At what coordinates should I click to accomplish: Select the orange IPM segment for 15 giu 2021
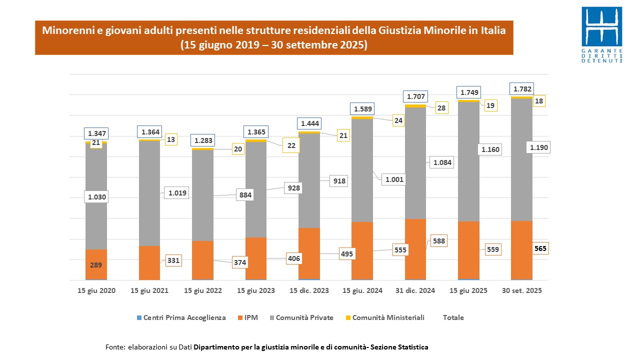click(149, 262)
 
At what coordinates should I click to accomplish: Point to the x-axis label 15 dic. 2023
click(309, 290)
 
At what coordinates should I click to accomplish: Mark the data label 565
click(540, 248)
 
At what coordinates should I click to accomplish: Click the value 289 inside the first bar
click(96, 265)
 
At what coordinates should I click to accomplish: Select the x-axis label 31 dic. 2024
click(415, 290)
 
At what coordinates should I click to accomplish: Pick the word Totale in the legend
click(453, 317)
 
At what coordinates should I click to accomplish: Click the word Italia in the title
click(493, 30)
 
